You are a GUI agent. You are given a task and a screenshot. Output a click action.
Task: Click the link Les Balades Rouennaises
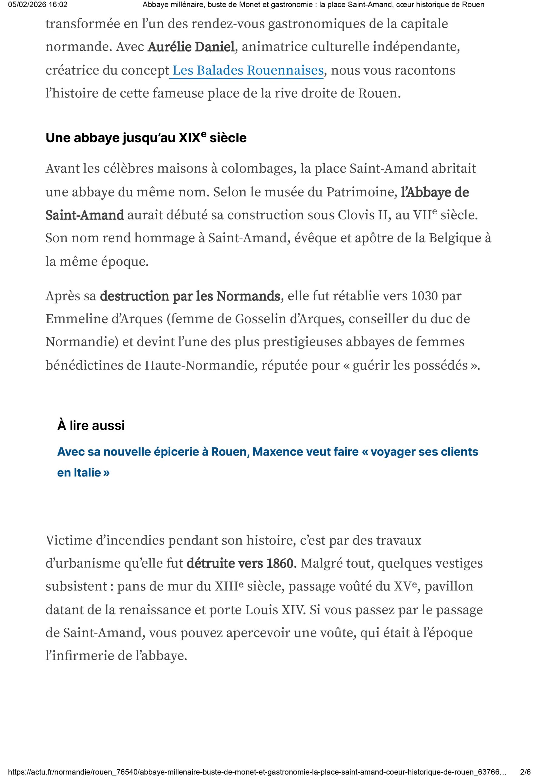click(248, 70)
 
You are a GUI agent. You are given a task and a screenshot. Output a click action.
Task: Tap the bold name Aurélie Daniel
click(191, 47)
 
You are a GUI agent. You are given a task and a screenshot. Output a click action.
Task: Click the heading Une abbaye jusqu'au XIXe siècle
click(146, 138)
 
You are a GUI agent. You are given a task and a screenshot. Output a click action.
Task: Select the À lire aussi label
click(91, 425)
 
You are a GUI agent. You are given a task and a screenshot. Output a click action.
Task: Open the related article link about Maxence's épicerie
click(267, 452)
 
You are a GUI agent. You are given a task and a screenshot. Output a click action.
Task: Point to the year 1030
click(424, 296)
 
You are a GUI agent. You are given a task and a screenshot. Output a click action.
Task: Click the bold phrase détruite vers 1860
click(240, 564)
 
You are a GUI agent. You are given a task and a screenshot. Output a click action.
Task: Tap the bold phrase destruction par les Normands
click(190, 296)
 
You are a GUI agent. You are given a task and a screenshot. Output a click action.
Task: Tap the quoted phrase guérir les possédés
click(410, 365)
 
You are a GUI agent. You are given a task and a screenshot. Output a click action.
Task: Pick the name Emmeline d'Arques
click(104, 319)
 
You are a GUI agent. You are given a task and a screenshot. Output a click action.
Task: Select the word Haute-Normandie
click(199, 365)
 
